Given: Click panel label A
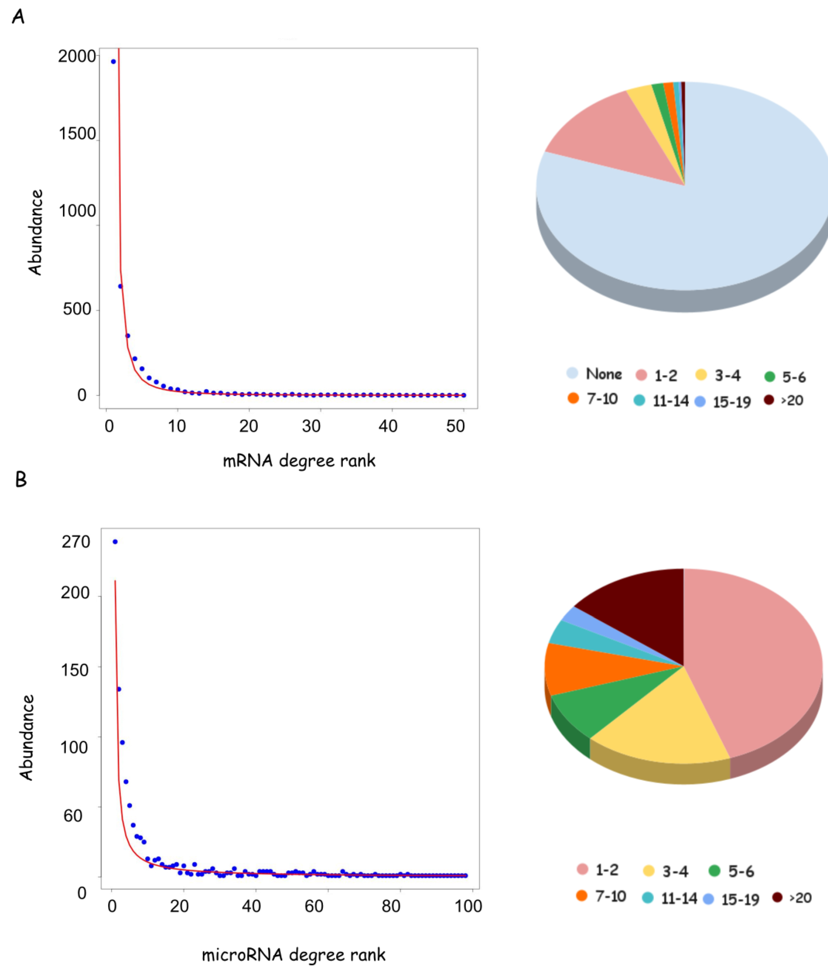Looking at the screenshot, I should (18, 17).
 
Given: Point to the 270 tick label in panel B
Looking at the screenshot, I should (76, 542).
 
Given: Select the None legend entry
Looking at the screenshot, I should (595, 374).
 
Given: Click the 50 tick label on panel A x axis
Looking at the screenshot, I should (455, 426).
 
